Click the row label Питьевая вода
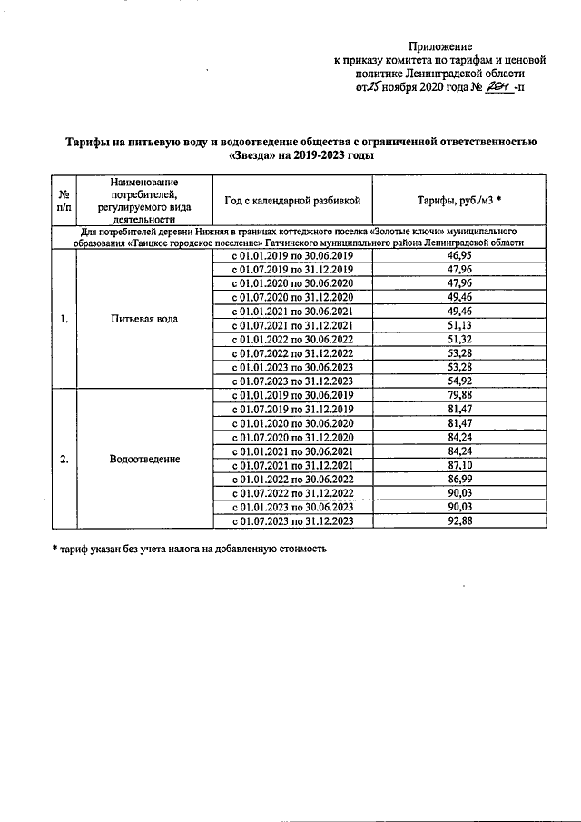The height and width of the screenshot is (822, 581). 143,319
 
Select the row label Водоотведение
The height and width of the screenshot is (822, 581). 143,459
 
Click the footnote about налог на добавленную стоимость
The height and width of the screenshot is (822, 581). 188,549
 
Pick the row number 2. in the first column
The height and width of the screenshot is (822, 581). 64,459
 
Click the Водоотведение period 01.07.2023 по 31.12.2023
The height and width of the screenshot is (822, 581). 292,520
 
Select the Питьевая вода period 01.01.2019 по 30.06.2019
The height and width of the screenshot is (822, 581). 292,257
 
